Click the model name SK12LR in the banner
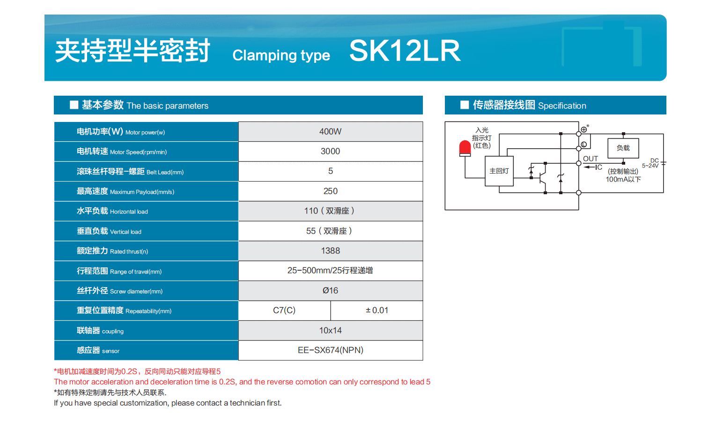pyautogui.click(x=405, y=51)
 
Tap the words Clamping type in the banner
pyautogui.click(x=281, y=55)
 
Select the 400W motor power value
pyautogui.click(x=330, y=131)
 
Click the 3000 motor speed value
pyautogui.click(x=330, y=151)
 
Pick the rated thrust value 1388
pyautogui.click(x=330, y=251)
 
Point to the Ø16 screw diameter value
pyautogui.click(x=330, y=290)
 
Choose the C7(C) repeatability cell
pyautogui.click(x=284, y=311)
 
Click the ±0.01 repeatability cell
pyautogui.click(x=377, y=311)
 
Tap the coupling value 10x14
pyautogui.click(x=330, y=330)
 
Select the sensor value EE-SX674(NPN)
pyautogui.click(x=330, y=350)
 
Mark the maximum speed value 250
pyautogui.click(x=330, y=191)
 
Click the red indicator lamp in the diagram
pyautogui.click(x=465, y=148)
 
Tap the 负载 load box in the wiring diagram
pyautogui.click(x=623, y=148)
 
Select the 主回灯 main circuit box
pyautogui.click(x=499, y=171)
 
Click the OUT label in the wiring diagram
pyautogui.click(x=591, y=159)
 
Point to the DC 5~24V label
pyautogui.click(x=651, y=163)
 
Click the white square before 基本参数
pyautogui.click(x=74, y=105)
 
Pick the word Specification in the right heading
pyautogui.click(x=562, y=106)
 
